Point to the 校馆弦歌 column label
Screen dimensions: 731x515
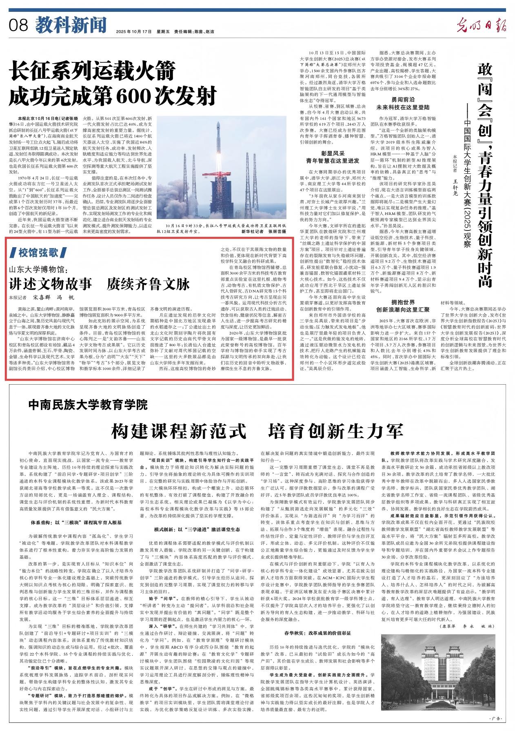point(38,253)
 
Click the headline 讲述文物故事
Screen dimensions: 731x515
point(51,283)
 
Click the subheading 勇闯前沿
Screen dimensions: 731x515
point(403,100)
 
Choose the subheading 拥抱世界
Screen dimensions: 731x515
point(403,302)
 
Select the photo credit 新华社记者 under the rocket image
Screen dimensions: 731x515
point(252,231)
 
